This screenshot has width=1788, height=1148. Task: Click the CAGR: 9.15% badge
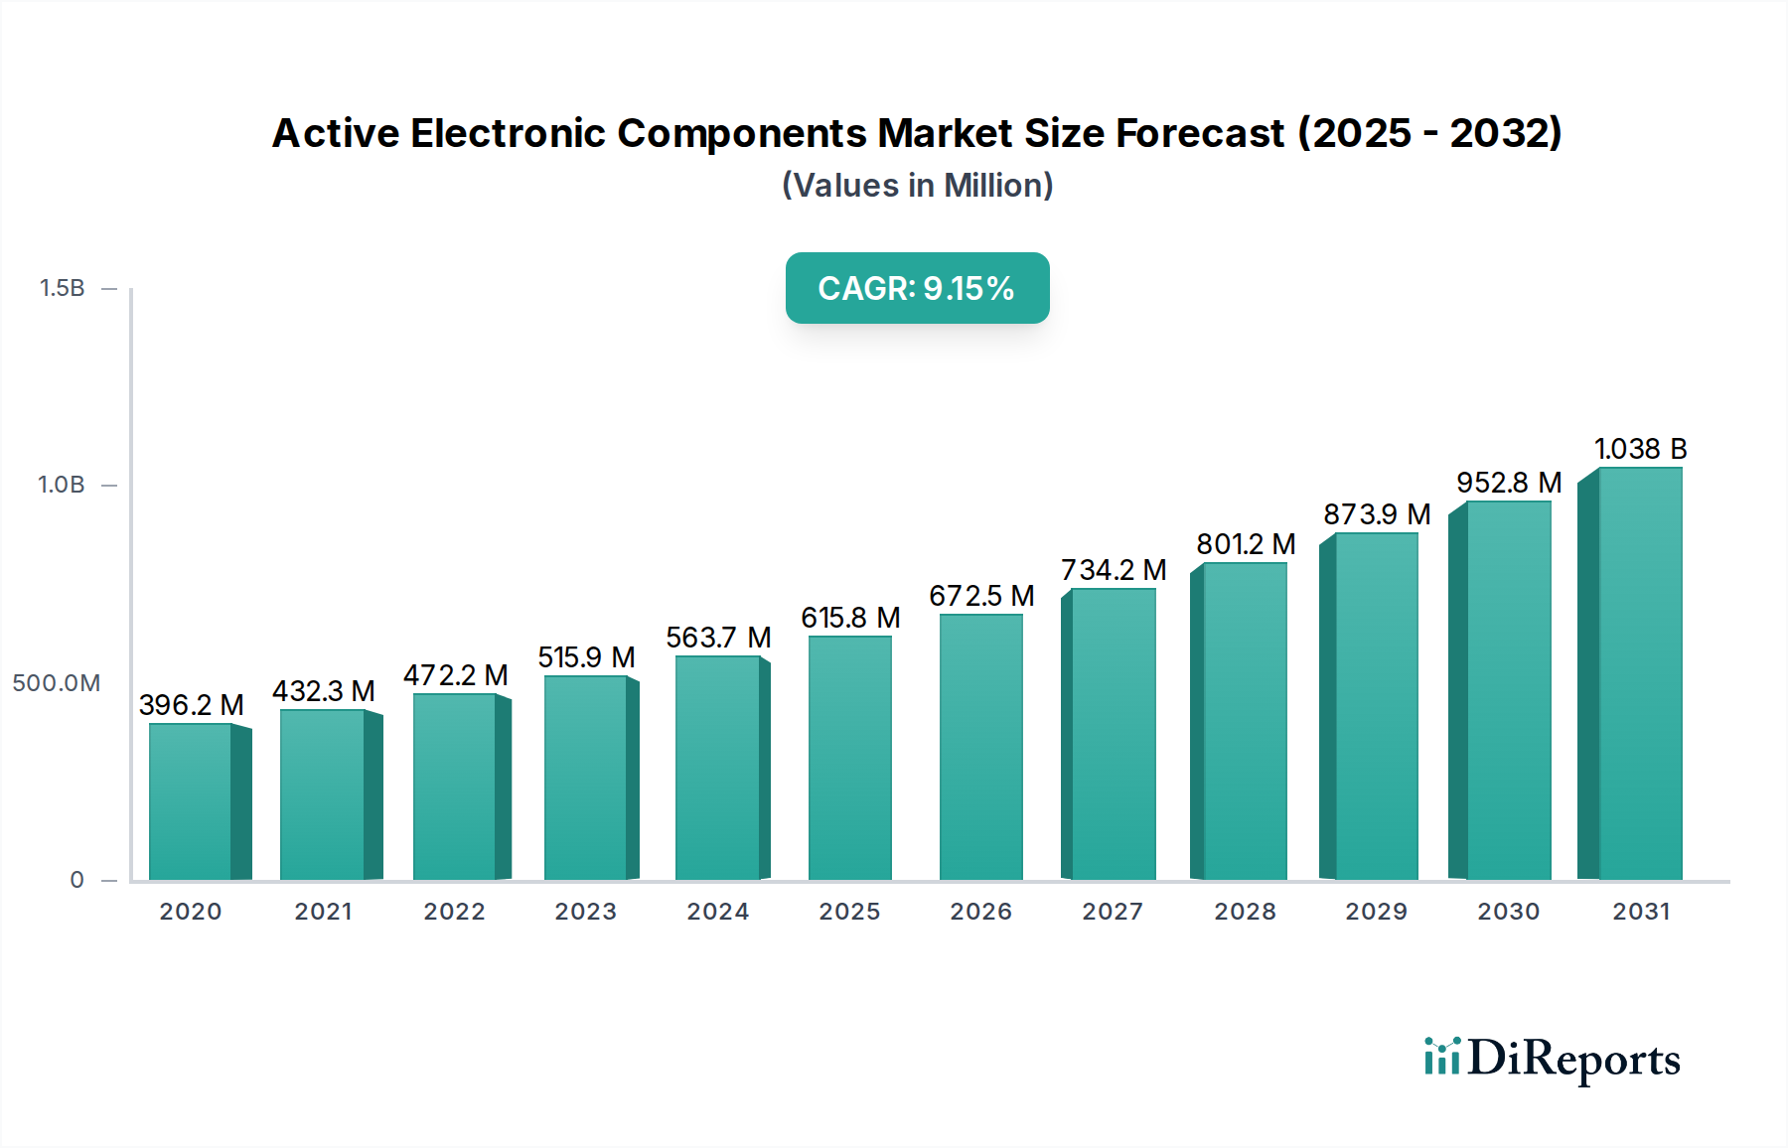coord(917,288)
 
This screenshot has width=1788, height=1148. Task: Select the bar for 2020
coord(191,802)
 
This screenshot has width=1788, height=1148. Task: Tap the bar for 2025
coord(850,759)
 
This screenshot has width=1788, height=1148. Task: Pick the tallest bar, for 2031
coord(1640,674)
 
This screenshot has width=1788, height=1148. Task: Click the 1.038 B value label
coord(1641,449)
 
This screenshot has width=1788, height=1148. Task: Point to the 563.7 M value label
coord(718,638)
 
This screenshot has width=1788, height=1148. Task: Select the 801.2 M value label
coord(1246,544)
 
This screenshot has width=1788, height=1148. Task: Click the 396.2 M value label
coord(191,705)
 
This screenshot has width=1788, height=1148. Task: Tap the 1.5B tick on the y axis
coord(62,288)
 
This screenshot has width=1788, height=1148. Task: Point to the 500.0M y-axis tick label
coord(57,683)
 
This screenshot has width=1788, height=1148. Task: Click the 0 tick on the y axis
coord(76,880)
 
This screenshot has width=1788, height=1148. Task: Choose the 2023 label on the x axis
coord(586,912)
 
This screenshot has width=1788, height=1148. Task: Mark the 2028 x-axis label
coord(1245,912)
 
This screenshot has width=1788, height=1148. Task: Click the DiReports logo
coord(1552,1059)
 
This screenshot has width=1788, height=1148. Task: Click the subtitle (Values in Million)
coord(917,186)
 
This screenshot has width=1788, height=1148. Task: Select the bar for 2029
coord(1376,707)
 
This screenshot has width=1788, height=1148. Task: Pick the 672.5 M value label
coord(981,596)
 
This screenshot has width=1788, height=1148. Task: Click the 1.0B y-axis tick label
coord(62,486)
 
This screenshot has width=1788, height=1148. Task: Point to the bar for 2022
coord(455,787)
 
